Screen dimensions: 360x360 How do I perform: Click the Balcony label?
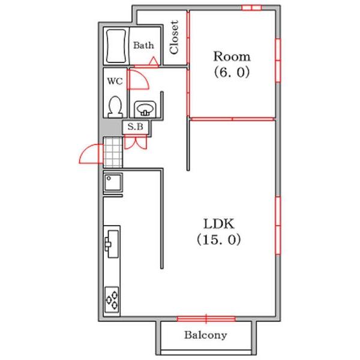point(206,335)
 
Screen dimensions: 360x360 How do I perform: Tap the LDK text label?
point(219,224)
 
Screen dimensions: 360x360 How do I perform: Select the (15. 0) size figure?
point(219,239)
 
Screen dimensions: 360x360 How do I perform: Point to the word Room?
point(232,56)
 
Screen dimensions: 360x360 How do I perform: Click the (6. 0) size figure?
point(232,73)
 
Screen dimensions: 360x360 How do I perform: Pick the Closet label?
point(174,37)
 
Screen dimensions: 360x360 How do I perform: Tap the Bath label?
point(144,45)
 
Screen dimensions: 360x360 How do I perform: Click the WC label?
point(115,81)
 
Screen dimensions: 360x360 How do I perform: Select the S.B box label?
point(136,127)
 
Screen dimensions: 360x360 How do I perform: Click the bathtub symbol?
point(116,46)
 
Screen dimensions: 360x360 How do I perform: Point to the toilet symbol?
point(115,107)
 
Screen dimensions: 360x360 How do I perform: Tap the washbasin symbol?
point(145,109)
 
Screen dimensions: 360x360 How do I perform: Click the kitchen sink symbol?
point(112,244)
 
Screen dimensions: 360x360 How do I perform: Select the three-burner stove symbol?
point(112,300)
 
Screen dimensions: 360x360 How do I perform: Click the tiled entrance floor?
point(113,152)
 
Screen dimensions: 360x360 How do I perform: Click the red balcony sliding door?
point(206,319)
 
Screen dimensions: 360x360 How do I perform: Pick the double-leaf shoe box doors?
point(136,142)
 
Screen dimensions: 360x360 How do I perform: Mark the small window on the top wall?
point(252,8)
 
